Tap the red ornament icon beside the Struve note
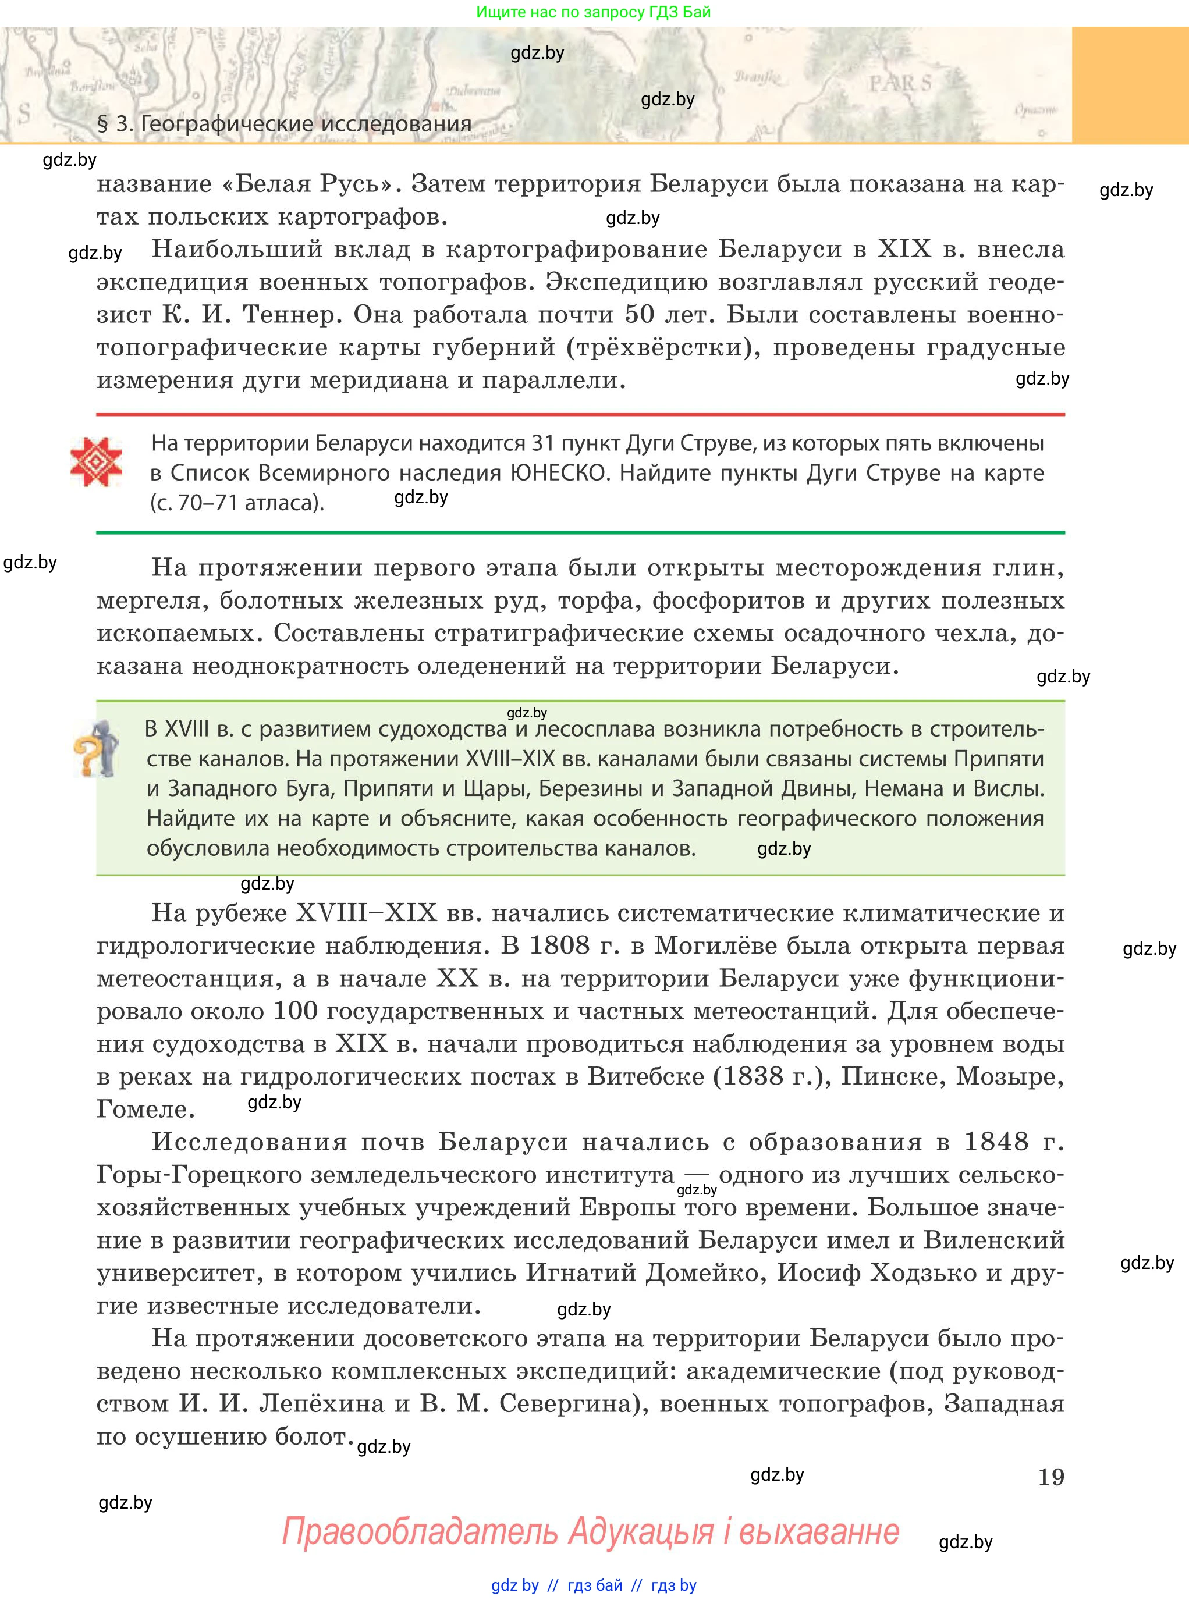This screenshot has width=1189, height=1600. tap(95, 462)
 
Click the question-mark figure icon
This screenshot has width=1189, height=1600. tap(95, 749)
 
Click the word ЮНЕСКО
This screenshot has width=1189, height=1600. tap(559, 472)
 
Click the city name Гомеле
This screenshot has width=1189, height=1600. tap(145, 1110)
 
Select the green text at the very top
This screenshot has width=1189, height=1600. tap(593, 12)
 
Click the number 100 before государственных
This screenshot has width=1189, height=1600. tap(296, 1011)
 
